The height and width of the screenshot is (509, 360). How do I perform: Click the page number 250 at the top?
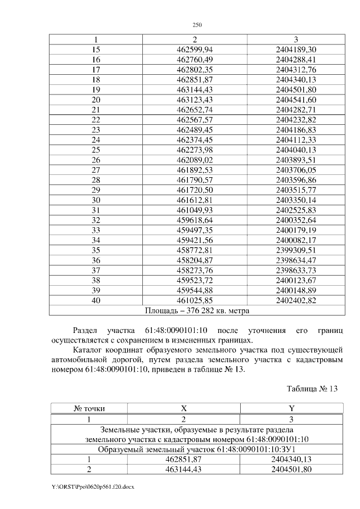[197, 25]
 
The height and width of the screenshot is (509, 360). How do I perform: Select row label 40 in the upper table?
[96, 300]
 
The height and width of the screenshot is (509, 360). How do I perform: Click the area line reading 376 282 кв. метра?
[197, 310]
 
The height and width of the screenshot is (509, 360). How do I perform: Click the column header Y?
[291, 409]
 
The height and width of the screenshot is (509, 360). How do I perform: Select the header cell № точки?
[89, 409]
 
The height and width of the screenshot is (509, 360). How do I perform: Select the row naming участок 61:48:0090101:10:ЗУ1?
[197, 449]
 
